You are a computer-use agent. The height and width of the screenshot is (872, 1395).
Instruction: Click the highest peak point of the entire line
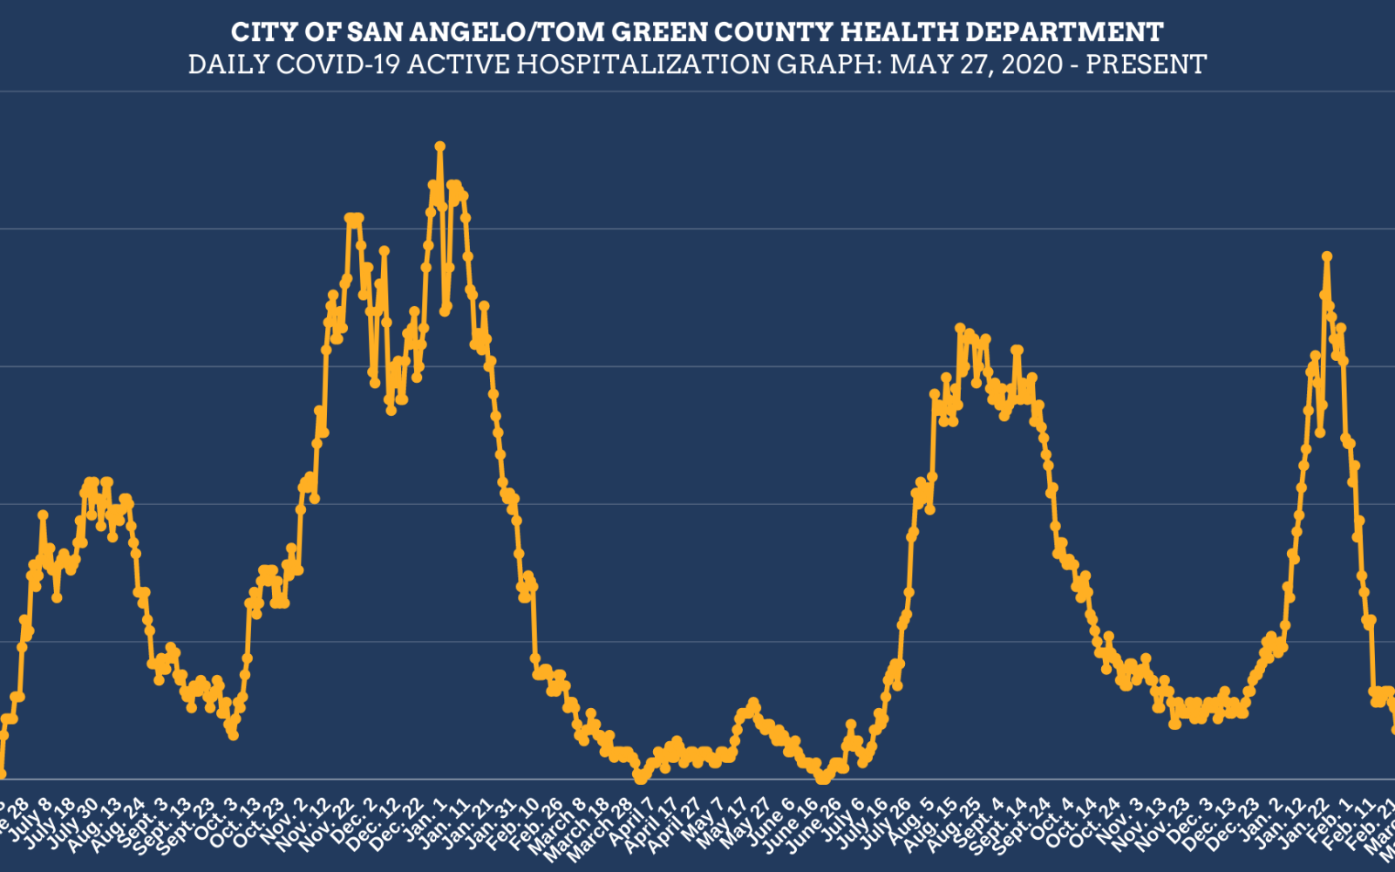[x=440, y=146]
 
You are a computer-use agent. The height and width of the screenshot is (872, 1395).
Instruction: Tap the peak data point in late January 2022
[x=1327, y=256]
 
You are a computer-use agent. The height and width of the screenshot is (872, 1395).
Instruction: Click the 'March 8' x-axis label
[x=568, y=824]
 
